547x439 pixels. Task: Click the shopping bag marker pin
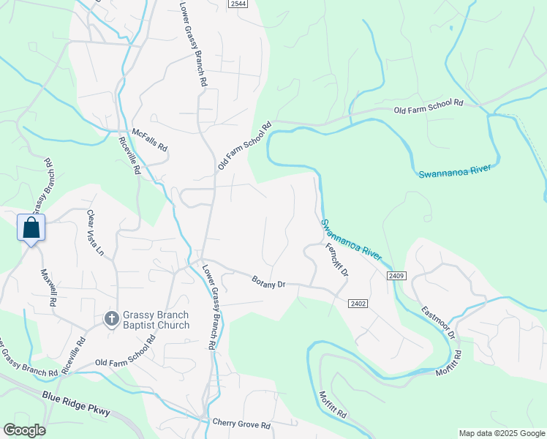(x=31, y=228)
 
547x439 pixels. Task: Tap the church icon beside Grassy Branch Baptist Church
(x=111, y=318)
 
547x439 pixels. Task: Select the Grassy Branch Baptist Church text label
(x=156, y=320)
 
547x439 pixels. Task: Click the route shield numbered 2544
(x=238, y=4)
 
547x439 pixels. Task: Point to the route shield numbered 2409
(x=397, y=275)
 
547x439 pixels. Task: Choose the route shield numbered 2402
(x=358, y=303)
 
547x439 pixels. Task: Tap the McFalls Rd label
(x=150, y=140)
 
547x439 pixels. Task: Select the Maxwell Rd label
(x=48, y=286)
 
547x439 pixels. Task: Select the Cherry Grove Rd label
(x=241, y=424)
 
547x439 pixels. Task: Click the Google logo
(x=24, y=430)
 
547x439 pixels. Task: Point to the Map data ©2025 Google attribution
(x=502, y=433)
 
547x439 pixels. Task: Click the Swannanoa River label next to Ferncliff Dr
(x=351, y=239)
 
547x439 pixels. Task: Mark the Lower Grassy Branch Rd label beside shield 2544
(x=192, y=44)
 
